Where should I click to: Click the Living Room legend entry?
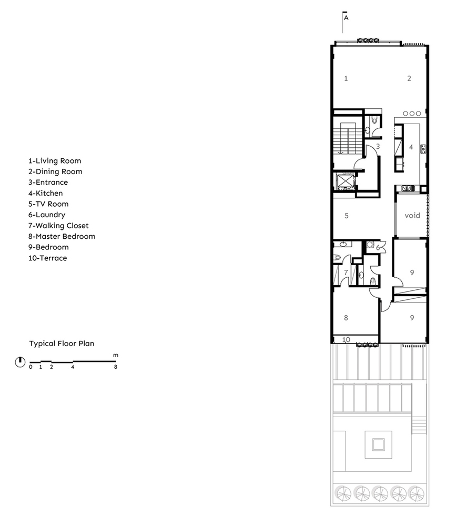click(x=55, y=161)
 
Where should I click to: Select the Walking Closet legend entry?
click(x=58, y=226)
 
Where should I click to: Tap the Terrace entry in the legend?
click(x=48, y=258)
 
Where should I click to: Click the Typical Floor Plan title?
click(x=62, y=343)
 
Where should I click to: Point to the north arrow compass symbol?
click(x=20, y=362)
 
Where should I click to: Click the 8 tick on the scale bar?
click(x=115, y=367)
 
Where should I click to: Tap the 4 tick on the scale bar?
click(x=73, y=367)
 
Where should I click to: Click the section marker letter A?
click(x=346, y=18)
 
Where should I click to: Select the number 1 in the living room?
click(x=346, y=78)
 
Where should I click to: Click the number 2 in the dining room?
click(x=409, y=78)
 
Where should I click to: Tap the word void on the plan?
click(x=412, y=215)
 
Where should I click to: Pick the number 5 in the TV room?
click(x=347, y=216)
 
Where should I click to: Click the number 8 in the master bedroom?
click(x=346, y=318)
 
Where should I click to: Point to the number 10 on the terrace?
click(x=346, y=340)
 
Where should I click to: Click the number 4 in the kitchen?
click(x=411, y=147)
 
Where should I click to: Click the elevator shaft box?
click(x=345, y=181)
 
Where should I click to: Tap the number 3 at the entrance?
click(x=378, y=146)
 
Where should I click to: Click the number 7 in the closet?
click(x=346, y=272)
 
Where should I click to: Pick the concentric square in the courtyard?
click(x=378, y=445)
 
